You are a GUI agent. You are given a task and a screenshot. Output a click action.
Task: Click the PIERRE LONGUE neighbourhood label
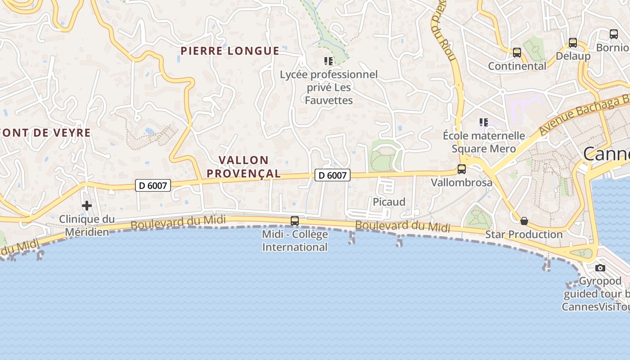point(230,51)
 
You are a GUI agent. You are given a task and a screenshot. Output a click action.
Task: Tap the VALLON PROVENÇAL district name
point(249,166)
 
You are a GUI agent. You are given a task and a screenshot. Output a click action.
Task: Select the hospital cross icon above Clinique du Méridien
point(86,206)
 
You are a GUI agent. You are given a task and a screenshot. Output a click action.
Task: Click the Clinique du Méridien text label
point(87,225)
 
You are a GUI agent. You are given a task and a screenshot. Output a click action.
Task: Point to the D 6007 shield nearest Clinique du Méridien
point(153,185)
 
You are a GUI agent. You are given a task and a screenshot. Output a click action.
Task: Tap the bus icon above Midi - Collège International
point(295,221)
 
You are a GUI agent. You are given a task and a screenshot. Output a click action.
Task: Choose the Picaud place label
point(389,202)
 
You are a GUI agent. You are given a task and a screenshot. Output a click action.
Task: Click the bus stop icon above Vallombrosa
point(462,169)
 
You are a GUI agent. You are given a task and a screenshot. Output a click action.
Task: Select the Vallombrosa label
point(462,183)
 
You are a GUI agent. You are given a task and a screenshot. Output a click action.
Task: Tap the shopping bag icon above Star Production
point(524,221)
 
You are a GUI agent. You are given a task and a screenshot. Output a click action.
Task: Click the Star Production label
point(524,234)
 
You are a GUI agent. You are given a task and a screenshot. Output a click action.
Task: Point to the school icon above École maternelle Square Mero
point(484,122)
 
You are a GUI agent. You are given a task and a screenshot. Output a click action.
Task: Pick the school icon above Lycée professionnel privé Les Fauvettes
point(328,61)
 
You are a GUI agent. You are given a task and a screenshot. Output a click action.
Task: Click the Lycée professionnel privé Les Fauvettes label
point(328,87)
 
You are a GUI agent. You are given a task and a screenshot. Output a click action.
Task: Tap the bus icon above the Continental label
point(517,53)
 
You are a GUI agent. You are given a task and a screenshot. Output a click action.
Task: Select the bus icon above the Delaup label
point(572,43)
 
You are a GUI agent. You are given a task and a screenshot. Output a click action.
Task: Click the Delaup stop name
point(573,56)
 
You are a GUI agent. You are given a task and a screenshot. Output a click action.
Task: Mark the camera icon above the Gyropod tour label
point(600,268)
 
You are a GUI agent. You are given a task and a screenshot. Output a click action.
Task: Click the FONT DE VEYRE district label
point(45,133)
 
